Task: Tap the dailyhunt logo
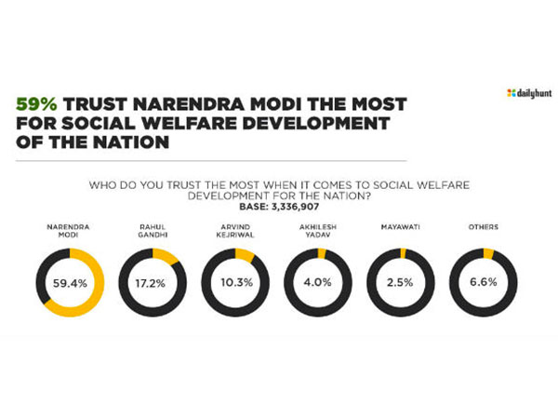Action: pos(525,92)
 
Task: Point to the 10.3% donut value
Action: pos(235,281)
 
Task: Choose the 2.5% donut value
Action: pos(402,281)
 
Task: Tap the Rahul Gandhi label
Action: pos(152,231)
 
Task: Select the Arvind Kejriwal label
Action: pos(235,231)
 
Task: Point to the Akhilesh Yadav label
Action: pos(318,231)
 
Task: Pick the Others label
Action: pos(485,227)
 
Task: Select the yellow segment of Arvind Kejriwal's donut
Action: pos(245,253)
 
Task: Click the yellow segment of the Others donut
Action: pos(489,252)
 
